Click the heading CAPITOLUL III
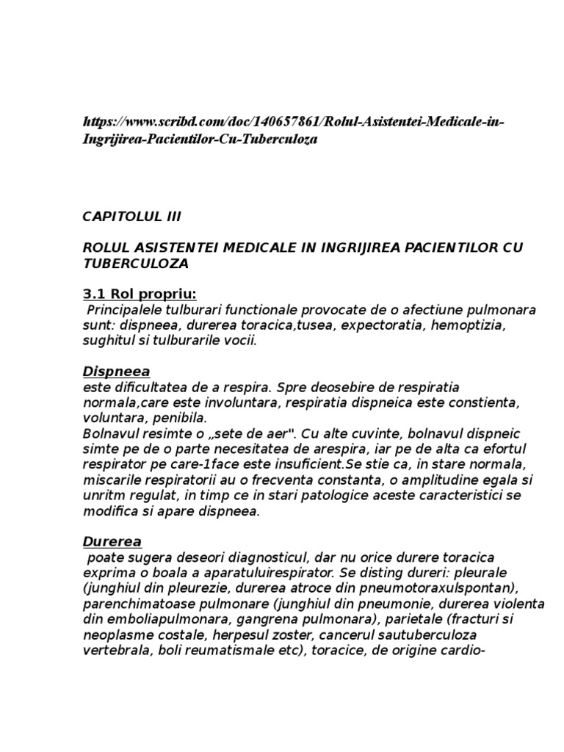click(131, 217)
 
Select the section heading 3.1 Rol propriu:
click(139, 294)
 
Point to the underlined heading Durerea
click(112, 541)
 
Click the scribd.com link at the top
click(293, 130)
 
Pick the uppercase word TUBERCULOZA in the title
click(135, 263)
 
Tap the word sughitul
click(108, 341)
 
